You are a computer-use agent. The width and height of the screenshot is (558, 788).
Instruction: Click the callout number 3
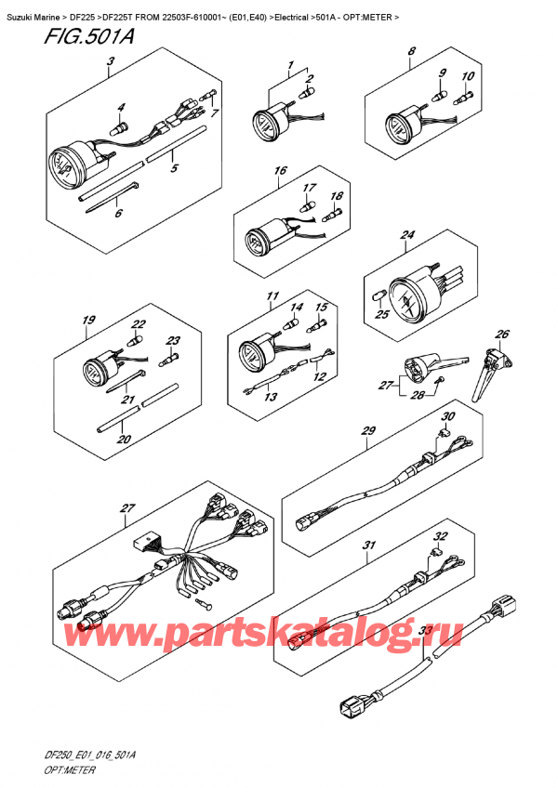tap(111, 62)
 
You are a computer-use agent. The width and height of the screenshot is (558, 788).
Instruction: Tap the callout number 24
tap(407, 235)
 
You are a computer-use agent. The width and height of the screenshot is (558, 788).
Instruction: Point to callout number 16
tap(280, 170)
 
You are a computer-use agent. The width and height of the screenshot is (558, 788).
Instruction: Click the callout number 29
tap(369, 430)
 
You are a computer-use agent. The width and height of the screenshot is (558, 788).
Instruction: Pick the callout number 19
tap(89, 320)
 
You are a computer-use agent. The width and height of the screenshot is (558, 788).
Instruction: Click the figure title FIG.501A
tap(89, 37)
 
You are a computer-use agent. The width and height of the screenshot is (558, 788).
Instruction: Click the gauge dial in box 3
tap(63, 164)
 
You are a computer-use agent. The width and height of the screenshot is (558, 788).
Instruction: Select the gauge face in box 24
tap(405, 301)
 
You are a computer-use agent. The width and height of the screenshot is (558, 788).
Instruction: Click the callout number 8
tap(412, 51)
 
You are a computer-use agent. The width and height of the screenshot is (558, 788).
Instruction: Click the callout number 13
tap(271, 398)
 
